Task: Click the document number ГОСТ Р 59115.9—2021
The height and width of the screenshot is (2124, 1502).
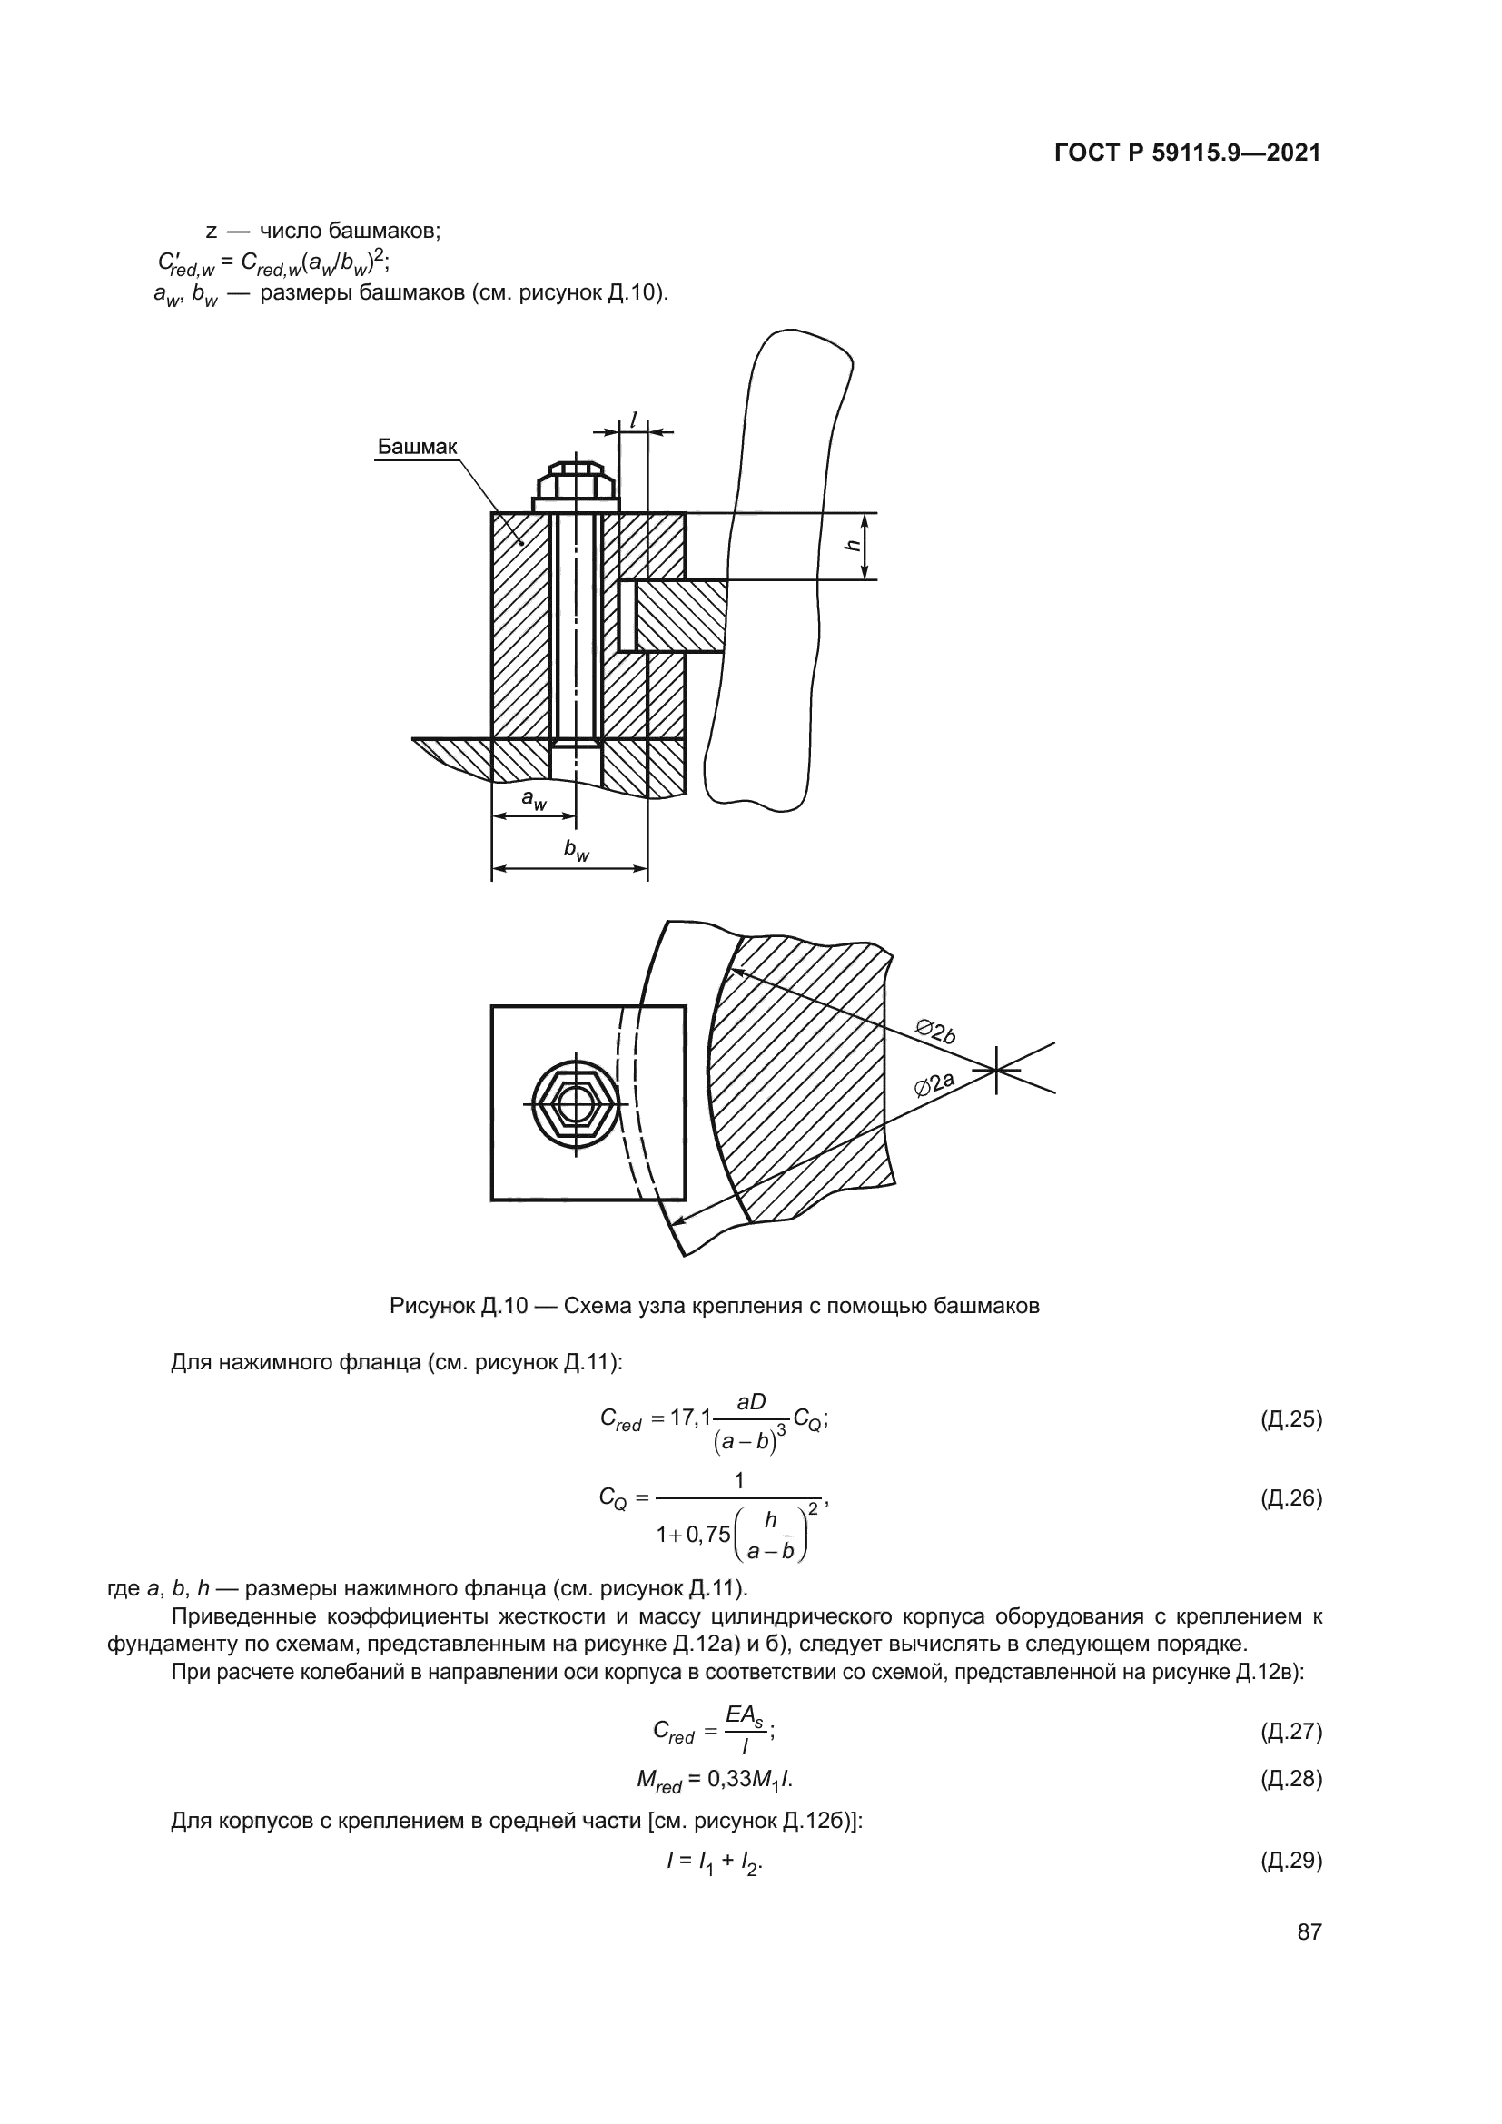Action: (x=1188, y=153)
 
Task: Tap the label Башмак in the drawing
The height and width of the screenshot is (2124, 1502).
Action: (x=416, y=448)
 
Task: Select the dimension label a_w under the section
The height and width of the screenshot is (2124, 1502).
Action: (x=534, y=798)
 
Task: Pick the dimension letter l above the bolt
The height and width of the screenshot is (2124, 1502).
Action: (x=634, y=420)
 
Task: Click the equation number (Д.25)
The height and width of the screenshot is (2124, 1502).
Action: (x=1291, y=1418)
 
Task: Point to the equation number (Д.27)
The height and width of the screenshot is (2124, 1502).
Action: (x=1291, y=1731)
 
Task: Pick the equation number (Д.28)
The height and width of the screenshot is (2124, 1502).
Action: (x=1291, y=1778)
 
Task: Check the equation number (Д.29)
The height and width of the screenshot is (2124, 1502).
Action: (x=1291, y=1861)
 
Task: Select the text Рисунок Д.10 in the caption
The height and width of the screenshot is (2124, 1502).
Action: (x=458, y=1306)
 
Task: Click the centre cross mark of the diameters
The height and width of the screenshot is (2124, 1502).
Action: (x=996, y=1071)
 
